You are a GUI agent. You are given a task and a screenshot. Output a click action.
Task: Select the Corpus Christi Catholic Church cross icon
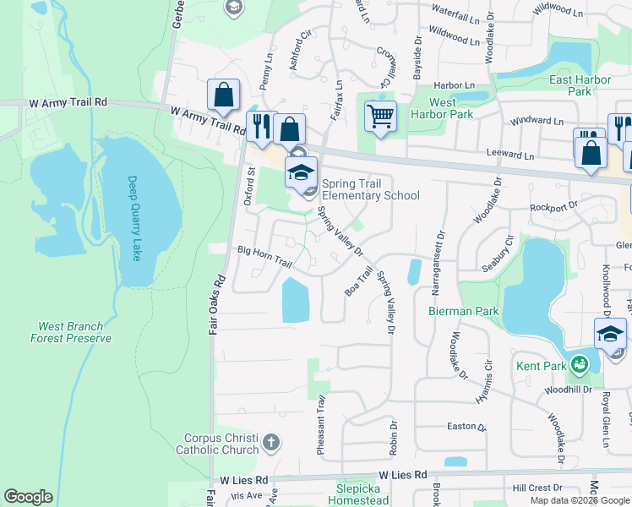point(270,442)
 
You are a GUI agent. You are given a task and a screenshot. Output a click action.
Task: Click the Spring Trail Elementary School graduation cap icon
point(301,172)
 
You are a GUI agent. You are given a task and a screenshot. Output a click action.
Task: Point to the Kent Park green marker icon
point(579,366)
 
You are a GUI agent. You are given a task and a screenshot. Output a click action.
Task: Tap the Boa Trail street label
point(359,281)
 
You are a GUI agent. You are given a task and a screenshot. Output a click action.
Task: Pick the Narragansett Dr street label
point(439,264)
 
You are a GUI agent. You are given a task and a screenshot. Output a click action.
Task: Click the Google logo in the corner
point(29,497)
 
